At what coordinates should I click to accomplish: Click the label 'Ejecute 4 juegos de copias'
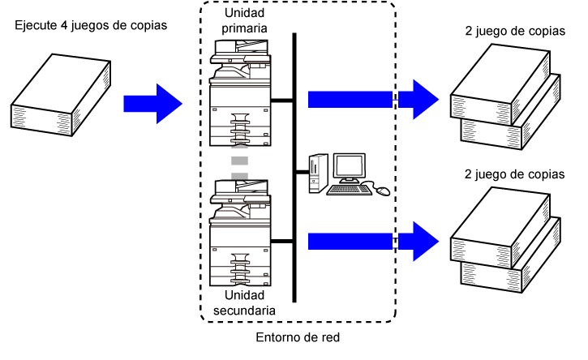91,25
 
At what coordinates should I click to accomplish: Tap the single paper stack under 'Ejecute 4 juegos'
61,95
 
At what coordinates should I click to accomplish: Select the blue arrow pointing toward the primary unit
152,104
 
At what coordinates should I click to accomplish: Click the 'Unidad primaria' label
244,20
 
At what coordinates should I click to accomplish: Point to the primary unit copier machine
240,93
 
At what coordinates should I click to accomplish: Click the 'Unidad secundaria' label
244,303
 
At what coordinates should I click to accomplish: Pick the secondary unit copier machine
240,233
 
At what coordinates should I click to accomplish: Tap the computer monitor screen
349,167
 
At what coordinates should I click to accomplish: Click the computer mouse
383,191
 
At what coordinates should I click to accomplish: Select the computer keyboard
350,190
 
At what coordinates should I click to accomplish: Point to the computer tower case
318,174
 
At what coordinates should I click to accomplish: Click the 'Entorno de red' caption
298,337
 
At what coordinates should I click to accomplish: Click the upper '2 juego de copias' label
515,31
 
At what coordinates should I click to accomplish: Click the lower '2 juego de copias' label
514,174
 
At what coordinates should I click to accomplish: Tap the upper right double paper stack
505,96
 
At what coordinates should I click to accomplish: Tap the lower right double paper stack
505,240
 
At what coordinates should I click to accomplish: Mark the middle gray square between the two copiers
239,161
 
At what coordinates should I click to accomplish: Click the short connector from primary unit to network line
281,100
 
